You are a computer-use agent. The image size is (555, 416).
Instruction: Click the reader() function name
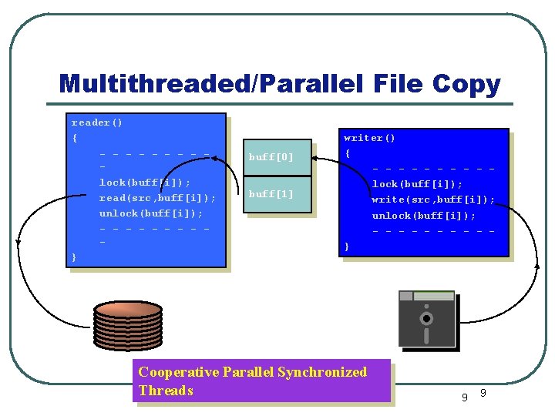tap(97, 122)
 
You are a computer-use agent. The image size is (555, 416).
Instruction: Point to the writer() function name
tap(369, 138)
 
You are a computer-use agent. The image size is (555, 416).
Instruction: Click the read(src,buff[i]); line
tap(157, 198)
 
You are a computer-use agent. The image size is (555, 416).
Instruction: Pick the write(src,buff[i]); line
tap(433, 200)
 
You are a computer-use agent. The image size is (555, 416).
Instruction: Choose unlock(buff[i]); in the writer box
tap(423, 215)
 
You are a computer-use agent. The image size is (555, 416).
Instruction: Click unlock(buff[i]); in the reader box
tap(151, 213)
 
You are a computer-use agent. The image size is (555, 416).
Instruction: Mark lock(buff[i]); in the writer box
tap(417, 184)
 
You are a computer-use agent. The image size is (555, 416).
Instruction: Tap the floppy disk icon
tap(426, 318)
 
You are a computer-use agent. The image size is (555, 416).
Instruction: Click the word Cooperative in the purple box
tap(178, 372)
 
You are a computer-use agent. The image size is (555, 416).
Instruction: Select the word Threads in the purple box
tap(166, 391)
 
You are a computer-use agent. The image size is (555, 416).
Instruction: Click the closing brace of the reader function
tap(74, 257)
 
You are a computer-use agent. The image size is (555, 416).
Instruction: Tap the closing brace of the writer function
tap(347, 246)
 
